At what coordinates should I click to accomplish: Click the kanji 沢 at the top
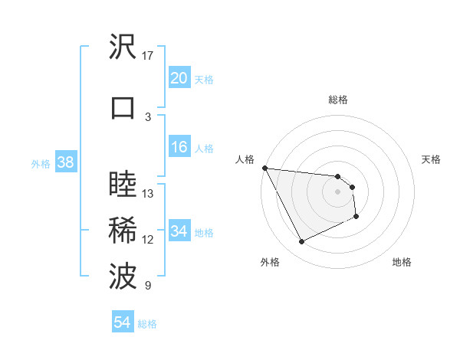123,47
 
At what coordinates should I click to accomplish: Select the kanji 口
123,107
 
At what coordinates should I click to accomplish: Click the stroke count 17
148,56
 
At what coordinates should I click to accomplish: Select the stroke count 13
148,193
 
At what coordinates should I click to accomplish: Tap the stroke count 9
148,286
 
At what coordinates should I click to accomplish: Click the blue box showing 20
179,78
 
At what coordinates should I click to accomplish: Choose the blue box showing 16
179,147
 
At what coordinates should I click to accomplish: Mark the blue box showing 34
179,231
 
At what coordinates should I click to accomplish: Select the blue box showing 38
65,162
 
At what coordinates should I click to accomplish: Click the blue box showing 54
122,323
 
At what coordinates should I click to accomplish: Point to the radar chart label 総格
338,100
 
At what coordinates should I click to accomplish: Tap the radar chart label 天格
432,159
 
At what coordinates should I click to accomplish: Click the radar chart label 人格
245,159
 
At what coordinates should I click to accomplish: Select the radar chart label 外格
270,262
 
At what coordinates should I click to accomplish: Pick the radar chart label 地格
402,262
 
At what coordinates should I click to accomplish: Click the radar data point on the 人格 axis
264,168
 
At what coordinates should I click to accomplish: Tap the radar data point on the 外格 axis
301,242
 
